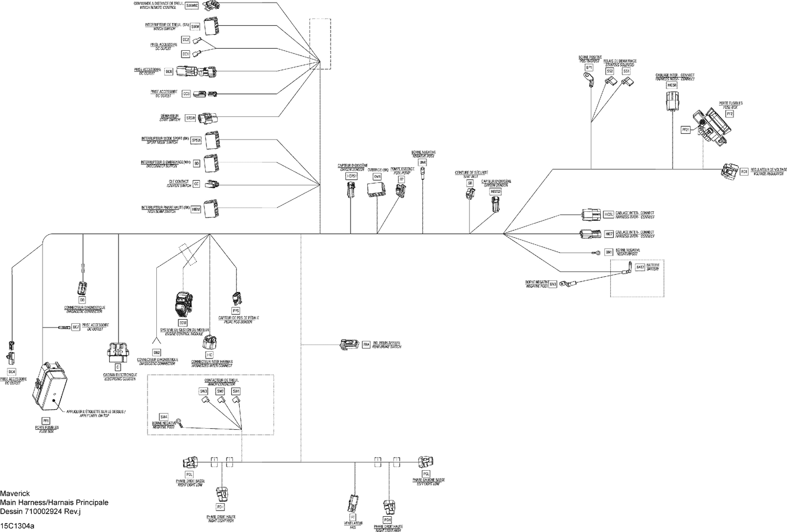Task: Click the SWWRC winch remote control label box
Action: coord(193,6)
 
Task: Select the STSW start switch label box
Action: coord(190,118)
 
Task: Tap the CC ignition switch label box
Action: coord(196,184)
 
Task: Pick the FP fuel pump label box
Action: coord(401,179)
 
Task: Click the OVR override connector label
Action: coord(377,177)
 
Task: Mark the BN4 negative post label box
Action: coord(423,163)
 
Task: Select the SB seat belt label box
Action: coord(470,183)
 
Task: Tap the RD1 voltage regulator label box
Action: coord(743,171)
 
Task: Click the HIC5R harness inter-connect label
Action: coord(672,85)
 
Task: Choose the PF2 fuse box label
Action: coord(729,113)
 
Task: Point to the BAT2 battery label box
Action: coord(640,267)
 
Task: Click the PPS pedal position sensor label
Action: coord(236,311)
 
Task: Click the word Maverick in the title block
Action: coord(15,494)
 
